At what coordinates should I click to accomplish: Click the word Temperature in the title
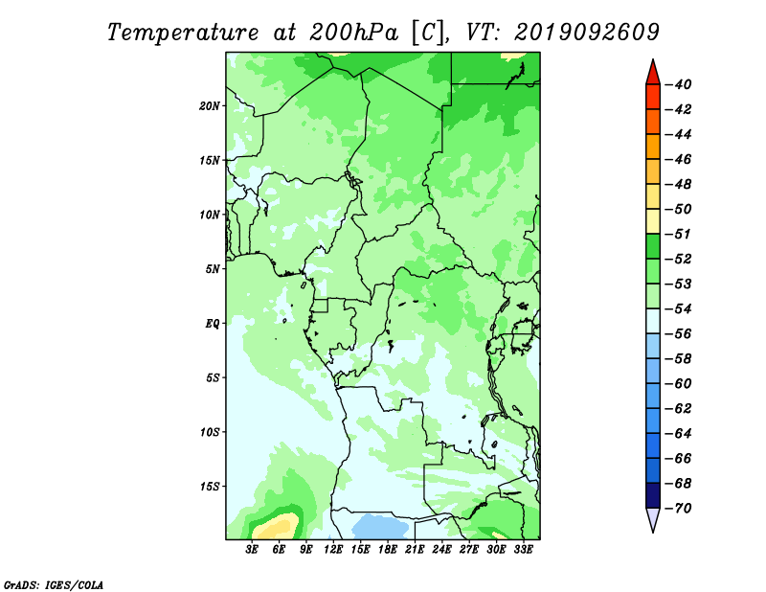click(183, 33)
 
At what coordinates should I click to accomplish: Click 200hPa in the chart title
click(353, 33)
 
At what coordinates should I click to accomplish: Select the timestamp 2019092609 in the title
click(586, 33)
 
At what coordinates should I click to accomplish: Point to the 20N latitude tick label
click(210, 106)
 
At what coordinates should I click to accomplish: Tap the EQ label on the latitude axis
click(212, 324)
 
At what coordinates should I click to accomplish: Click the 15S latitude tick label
click(210, 487)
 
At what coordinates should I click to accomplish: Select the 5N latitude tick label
click(213, 269)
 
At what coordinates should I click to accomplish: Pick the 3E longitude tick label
click(252, 550)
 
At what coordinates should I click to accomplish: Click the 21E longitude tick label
click(415, 550)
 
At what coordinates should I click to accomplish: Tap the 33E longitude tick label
click(523, 550)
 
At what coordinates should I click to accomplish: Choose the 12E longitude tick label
click(332, 550)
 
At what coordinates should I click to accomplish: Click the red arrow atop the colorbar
click(653, 74)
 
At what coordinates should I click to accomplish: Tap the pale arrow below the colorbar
click(653, 519)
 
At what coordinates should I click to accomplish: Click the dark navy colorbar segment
click(653, 495)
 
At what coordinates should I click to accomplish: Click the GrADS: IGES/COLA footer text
click(54, 584)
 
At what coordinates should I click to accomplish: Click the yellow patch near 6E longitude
click(277, 527)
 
